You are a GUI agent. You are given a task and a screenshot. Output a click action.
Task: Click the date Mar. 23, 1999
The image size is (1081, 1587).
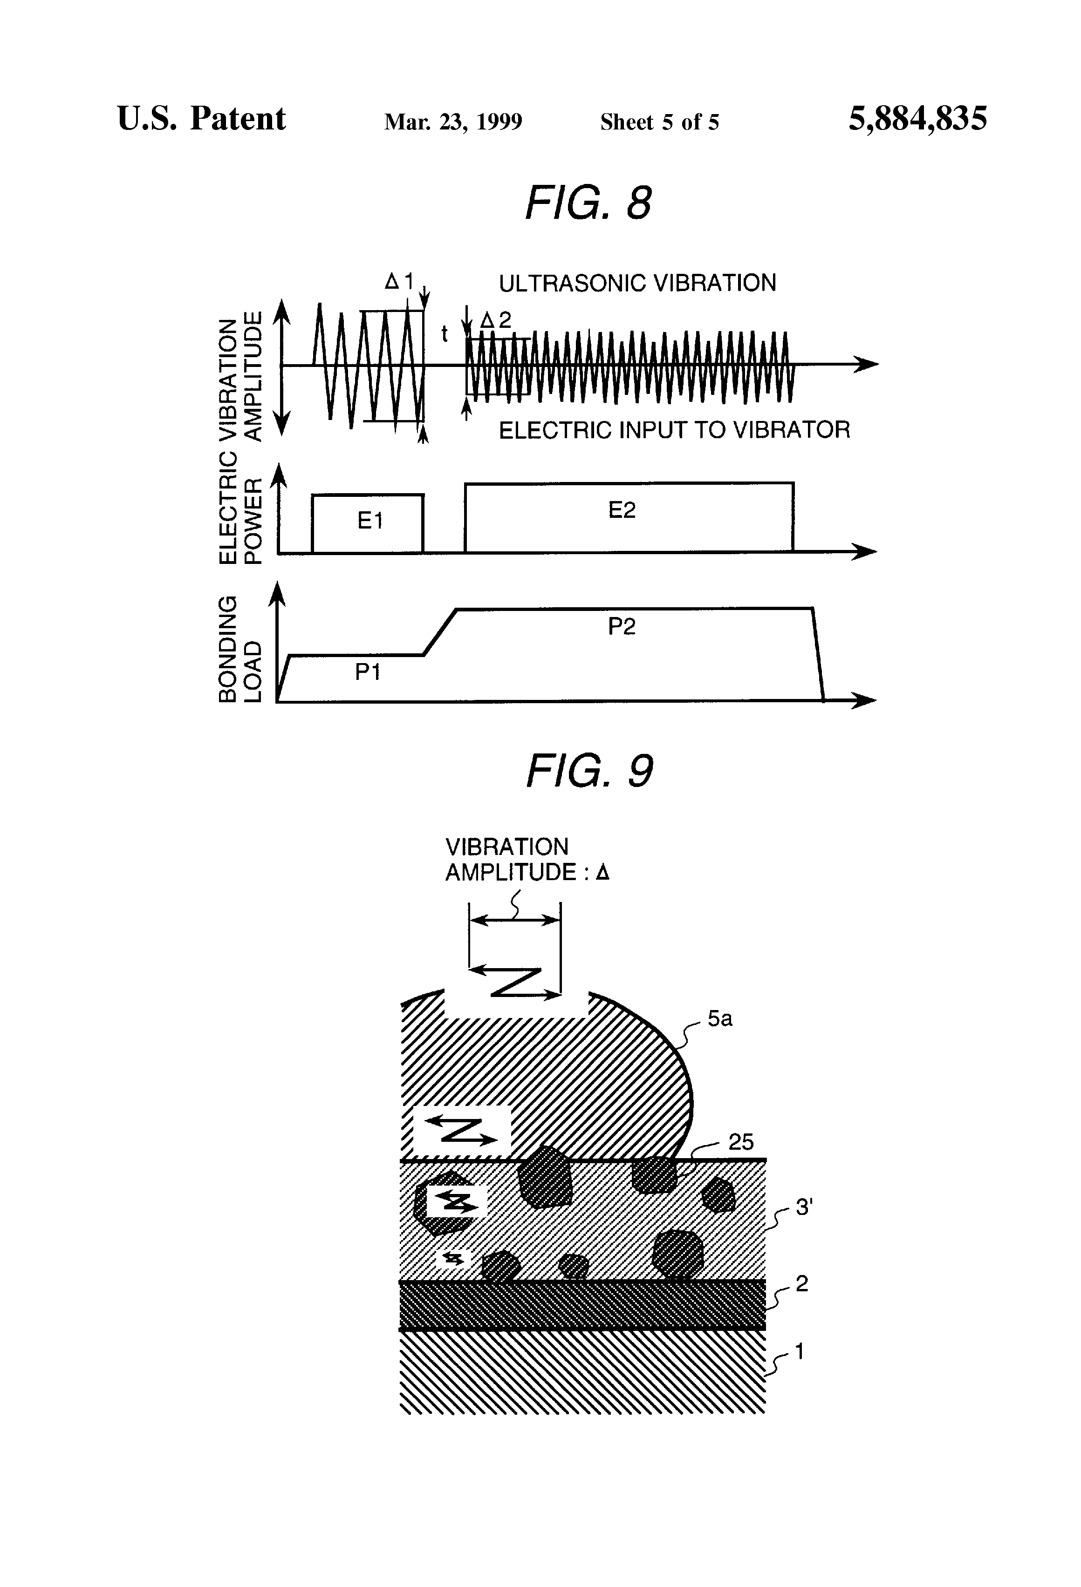453,122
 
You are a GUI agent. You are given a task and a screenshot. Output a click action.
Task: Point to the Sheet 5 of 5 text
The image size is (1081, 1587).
659,122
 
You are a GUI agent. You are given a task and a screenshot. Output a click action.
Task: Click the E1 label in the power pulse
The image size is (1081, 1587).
369,521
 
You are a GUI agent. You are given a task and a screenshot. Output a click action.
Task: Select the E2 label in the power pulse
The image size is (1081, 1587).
622,510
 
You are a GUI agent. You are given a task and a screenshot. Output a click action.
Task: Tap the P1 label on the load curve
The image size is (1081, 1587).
367,672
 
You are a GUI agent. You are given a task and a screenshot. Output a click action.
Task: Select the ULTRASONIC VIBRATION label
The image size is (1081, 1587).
637,283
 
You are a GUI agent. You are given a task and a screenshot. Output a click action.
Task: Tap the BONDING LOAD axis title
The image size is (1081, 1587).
240,649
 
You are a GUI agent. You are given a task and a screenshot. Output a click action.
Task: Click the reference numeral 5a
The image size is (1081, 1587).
719,1019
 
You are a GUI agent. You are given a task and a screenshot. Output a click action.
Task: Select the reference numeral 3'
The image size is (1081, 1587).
804,1207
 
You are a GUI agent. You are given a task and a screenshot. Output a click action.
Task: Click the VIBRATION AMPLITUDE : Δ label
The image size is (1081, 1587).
527,860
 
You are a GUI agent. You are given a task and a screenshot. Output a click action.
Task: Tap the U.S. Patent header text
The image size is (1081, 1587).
202,118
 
